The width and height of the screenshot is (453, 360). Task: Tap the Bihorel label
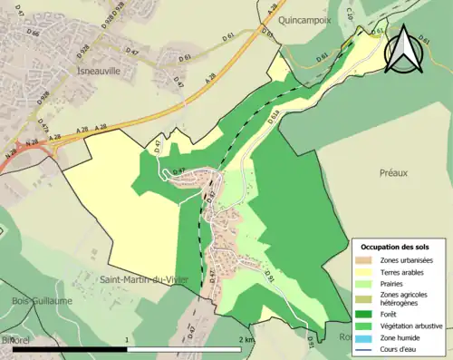[x=19, y=338]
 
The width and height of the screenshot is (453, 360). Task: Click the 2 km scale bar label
[x=246, y=339]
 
